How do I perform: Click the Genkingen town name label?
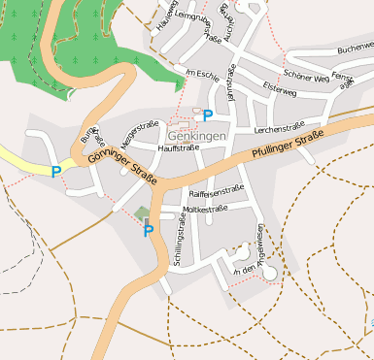[196, 136]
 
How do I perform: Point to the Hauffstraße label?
[178, 148]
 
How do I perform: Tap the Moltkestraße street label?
[205, 209]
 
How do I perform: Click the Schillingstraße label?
[178, 244]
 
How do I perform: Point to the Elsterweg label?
[279, 89]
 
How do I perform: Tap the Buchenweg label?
[354, 48]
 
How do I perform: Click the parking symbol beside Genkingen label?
[208, 115]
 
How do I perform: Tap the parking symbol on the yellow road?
[56, 172]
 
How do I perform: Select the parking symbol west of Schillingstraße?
[149, 231]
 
